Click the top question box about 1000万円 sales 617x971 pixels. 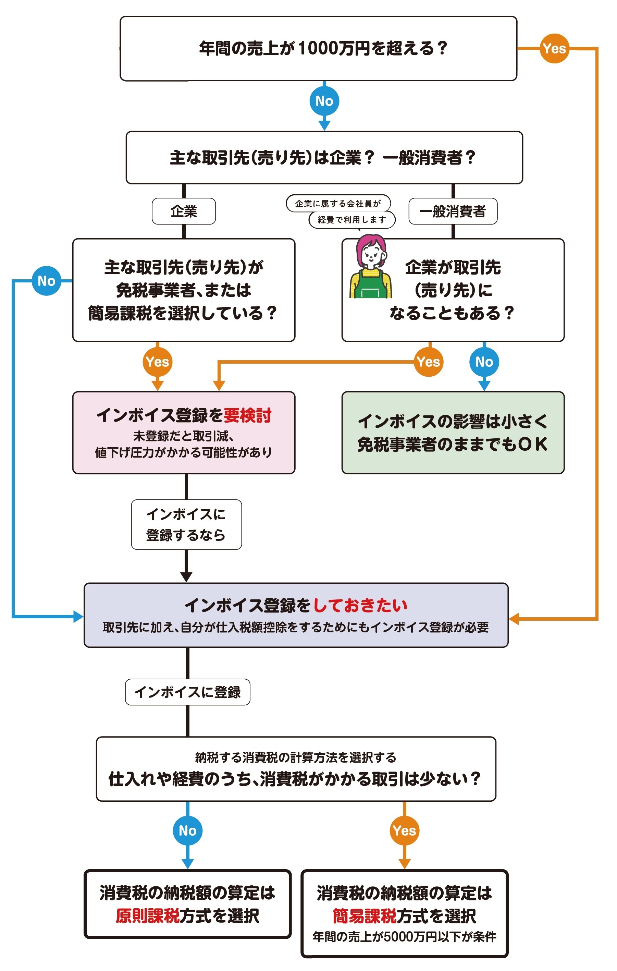tap(318, 48)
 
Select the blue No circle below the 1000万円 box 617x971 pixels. tap(324, 101)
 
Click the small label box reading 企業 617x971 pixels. tap(184, 211)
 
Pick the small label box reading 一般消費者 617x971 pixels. tap(453, 211)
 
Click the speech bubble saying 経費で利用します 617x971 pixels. tap(351, 220)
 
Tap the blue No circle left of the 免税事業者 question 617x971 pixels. tap(46, 281)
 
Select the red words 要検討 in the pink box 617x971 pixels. tap(247, 415)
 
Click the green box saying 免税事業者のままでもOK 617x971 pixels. tap(453, 432)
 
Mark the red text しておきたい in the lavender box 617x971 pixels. tap(360, 605)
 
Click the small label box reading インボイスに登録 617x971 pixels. tap(187, 692)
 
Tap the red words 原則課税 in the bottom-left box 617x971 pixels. tap(148, 916)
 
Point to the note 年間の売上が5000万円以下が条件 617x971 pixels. tap(404, 937)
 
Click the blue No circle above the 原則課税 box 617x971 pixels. tap(187, 831)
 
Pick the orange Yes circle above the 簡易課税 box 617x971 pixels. tap(404, 831)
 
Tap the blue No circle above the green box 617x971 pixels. tap(484, 362)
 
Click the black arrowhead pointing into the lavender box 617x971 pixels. tap(186, 576)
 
